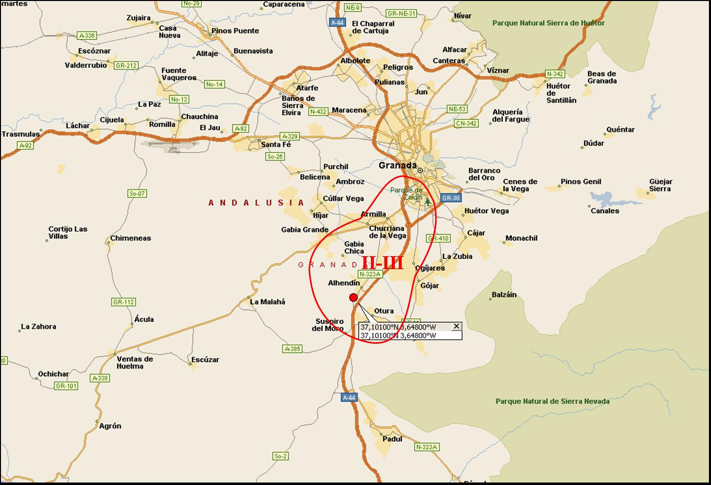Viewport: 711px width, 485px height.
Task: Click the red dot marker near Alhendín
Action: click(x=354, y=297)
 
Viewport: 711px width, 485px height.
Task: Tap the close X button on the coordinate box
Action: click(x=456, y=326)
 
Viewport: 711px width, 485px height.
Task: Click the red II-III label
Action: click(x=382, y=263)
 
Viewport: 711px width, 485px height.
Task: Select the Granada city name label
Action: click(x=397, y=165)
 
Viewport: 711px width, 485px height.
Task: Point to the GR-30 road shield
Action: click(x=450, y=198)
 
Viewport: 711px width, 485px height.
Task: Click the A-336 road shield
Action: click(x=87, y=35)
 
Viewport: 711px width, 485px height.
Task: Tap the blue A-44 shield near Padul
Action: click(x=350, y=397)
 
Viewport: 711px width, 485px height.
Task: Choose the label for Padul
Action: click(x=393, y=439)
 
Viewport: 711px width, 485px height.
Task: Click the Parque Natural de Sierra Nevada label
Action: click(x=552, y=401)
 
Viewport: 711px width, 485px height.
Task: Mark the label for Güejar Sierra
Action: click(x=660, y=185)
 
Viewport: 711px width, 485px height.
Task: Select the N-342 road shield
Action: click(x=555, y=74)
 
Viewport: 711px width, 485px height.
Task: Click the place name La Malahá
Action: click(x=267, y=301)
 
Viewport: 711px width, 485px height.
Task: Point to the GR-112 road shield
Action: click(x=123, y=302)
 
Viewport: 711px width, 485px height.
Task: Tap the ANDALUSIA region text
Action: click(x=256, y=202)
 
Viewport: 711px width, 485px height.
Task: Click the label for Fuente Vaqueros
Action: click(x=178, y=74)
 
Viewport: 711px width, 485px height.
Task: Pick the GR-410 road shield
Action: click(x=439, y=238)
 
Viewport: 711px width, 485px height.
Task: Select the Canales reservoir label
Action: click(x=605, y=210)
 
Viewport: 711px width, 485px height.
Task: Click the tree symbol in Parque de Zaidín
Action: click(x=427, y=201)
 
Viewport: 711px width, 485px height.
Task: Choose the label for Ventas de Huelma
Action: click(x=135, y=362)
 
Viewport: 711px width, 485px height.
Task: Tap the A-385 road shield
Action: click(x=292, y=349)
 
